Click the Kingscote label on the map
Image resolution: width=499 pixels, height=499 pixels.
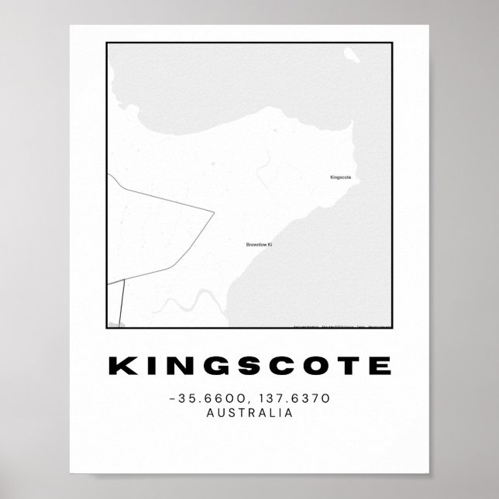click(340, 177)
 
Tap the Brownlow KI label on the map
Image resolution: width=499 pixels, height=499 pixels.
click(259, 223)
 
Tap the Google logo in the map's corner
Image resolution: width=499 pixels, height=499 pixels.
click(116, 325)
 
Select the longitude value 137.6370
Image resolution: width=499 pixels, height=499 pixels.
click(287, 398)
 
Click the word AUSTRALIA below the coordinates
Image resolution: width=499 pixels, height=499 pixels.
click(250, 413)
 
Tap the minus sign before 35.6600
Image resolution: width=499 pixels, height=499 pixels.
click(170, 399)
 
